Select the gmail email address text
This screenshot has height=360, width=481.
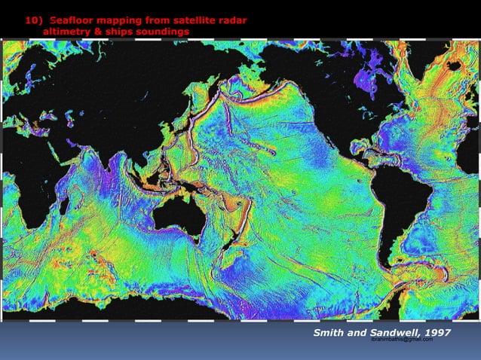coord(403,340)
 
